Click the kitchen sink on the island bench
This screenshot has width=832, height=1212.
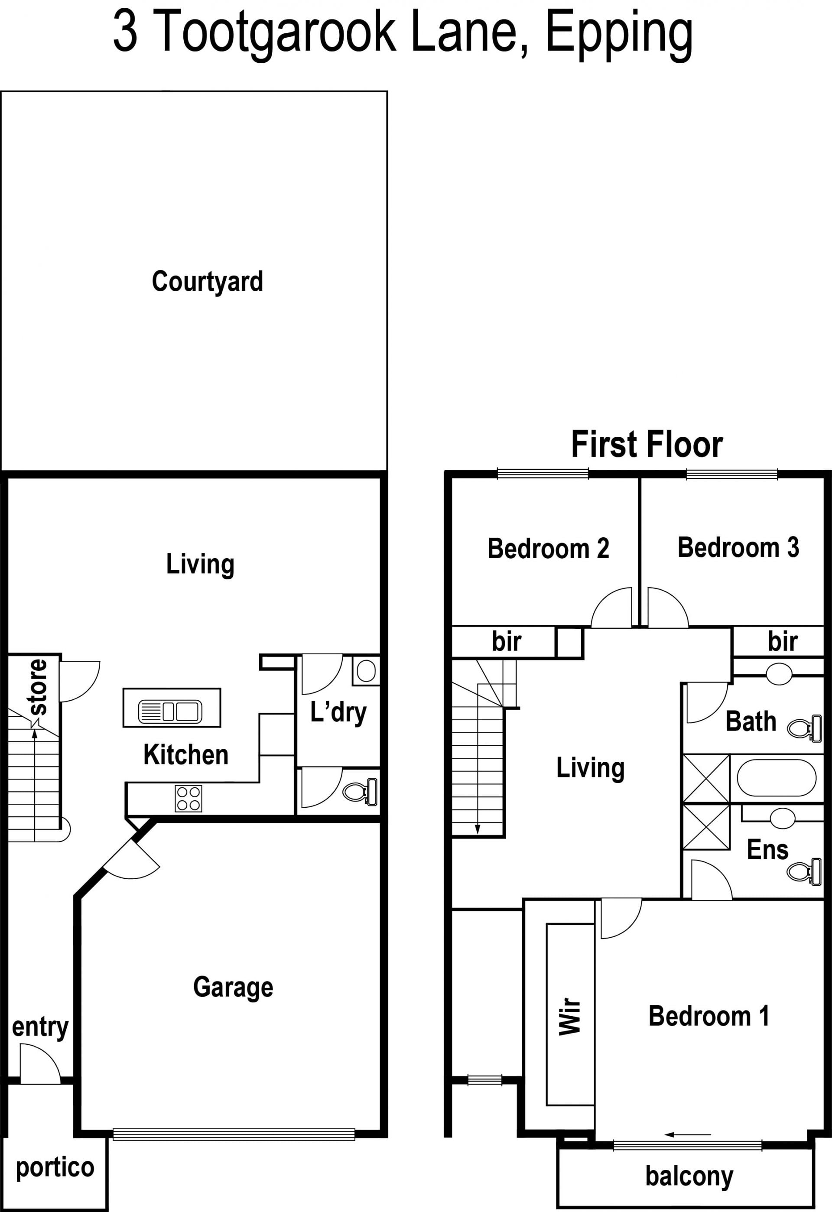click(x=170, y=712)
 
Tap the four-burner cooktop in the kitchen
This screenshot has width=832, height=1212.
click(x=188, y=799)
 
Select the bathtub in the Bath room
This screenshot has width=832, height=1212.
click(x=776, y=778)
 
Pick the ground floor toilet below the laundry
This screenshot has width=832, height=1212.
click(x=360, y=792)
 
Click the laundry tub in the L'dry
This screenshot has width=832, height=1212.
click(x=366, y=671)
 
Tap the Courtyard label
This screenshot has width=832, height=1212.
click(x=208, y=282)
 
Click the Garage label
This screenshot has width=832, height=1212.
click(x=233, y=987)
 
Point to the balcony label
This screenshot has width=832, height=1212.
click(x=689, y=1176)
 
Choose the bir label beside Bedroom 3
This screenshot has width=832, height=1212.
click(x=783, y=641)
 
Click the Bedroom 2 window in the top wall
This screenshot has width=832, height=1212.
click(x=543, y=474)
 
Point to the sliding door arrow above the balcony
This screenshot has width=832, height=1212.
click(x=688, y=1134)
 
